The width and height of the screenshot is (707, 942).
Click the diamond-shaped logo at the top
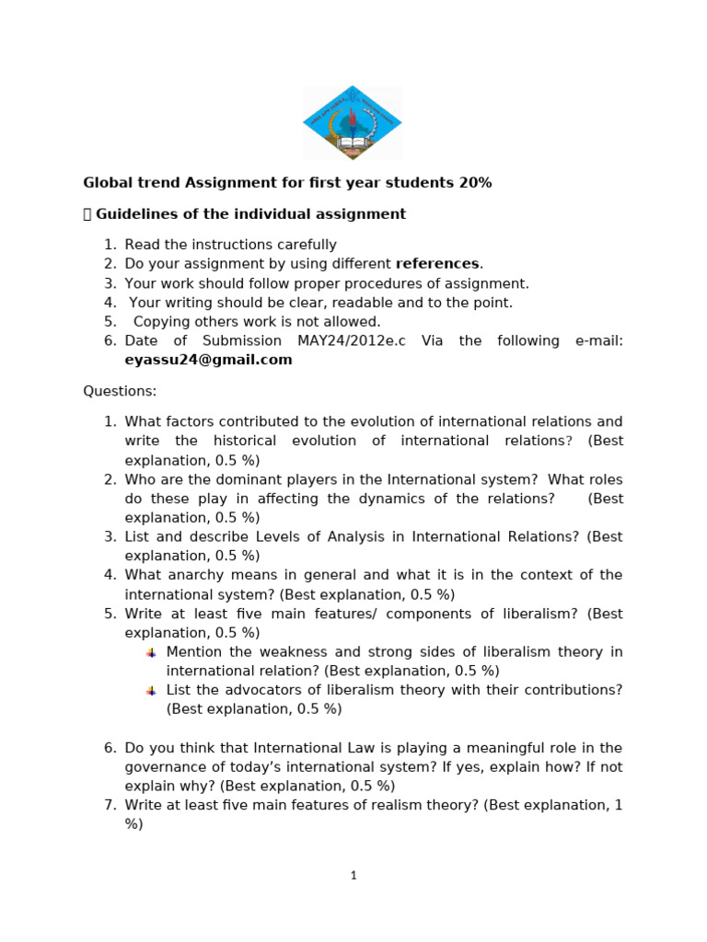(x=353, y=122)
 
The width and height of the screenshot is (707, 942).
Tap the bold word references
(x=437, y=264)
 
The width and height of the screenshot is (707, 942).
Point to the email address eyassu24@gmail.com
(x=208, y=360)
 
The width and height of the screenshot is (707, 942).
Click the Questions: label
(x=120, y=391)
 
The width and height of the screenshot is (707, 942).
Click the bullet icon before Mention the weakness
(x=151, y=652)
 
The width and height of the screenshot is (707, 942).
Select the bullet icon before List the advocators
(x=151, y=690)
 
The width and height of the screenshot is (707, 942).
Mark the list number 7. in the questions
(x=110, y=805)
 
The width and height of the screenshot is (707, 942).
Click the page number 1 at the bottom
(x=353, y=876)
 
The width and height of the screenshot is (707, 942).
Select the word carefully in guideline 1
(x=303, y=245)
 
